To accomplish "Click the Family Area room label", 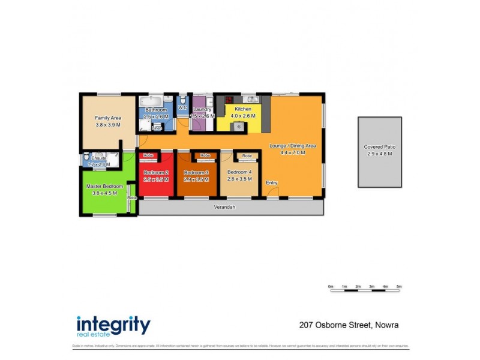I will coord(108,118).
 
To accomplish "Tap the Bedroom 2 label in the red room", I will coord(155,172).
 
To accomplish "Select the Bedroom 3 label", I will coord(196,172).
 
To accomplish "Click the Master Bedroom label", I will coord(104,186).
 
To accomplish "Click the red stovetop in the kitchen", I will coord(229,100).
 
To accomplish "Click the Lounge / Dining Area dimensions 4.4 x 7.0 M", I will coord(293,152).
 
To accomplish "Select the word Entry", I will coord(272,182).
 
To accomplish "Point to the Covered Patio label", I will coord(380,147).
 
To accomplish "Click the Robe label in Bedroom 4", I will coord(247,155).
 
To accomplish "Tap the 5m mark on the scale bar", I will coord(399,287).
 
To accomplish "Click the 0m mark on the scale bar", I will coord(331,287).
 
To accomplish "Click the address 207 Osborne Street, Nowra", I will coord(349,325).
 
